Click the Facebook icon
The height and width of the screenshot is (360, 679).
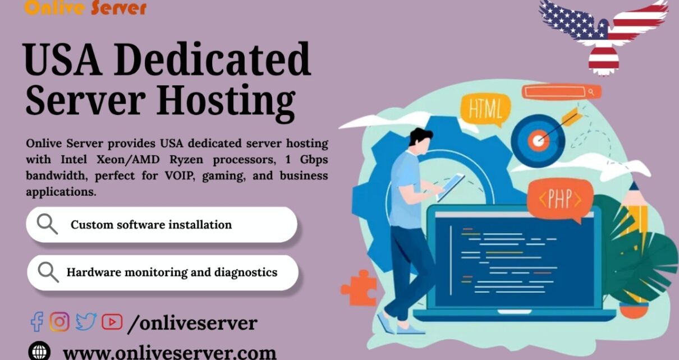37,321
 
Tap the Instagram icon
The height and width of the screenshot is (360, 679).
59,321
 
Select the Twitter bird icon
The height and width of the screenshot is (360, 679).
86,321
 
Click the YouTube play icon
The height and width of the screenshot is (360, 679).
112,322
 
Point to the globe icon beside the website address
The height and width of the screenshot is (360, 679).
39,352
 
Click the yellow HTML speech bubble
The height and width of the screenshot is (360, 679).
485,109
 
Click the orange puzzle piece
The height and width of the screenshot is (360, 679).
359,287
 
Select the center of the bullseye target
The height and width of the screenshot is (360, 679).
538,140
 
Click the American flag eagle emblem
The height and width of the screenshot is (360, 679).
603,36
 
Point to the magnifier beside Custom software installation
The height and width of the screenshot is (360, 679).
47,224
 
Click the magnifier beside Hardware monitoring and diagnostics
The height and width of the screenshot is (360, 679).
48,272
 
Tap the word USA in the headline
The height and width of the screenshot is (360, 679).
62,59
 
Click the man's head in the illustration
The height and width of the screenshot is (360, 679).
420,141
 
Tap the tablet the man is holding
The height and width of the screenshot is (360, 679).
451,186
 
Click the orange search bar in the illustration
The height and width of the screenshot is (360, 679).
561,92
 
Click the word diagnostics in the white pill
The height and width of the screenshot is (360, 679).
246,273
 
